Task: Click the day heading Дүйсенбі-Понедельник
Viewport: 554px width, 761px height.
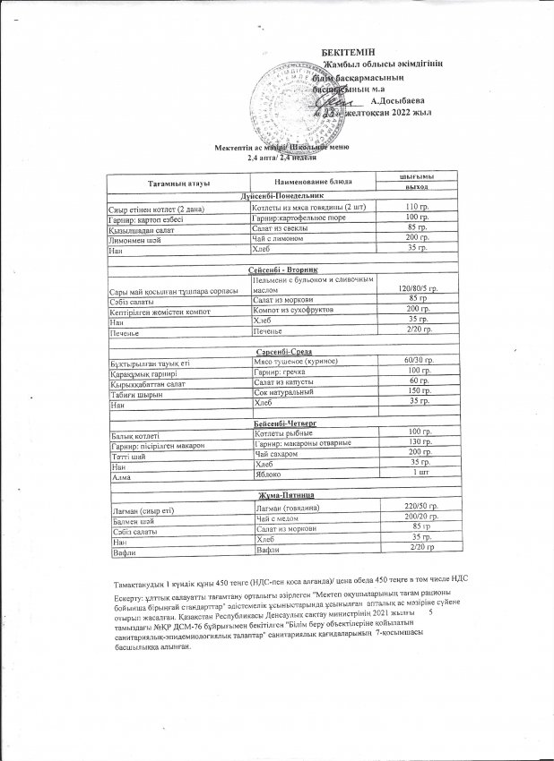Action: point(283,194)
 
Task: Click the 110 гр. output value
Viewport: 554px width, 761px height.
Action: point(413,207)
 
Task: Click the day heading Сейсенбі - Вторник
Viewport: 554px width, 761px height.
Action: point(283,269)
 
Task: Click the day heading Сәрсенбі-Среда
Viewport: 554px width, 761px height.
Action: point(283,352)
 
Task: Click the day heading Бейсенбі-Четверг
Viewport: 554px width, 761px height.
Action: point(283,421)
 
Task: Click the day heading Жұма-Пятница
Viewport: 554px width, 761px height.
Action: point(283,494)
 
